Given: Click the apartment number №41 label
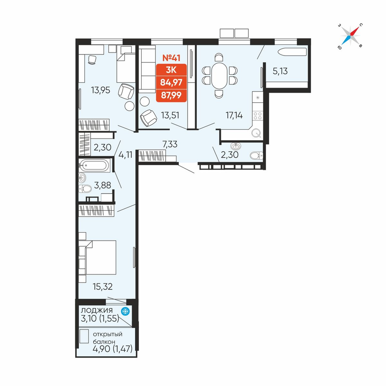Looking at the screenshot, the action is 171,58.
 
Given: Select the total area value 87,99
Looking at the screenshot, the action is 171,95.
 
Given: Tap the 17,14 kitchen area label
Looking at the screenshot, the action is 234,115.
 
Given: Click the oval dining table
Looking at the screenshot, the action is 219,76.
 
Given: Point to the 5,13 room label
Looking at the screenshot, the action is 280,71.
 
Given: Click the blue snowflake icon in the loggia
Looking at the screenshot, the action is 125,312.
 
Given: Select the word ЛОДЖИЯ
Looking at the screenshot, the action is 97,310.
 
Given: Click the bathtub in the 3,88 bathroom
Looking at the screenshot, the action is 95,165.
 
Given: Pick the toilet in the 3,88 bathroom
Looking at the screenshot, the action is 85,189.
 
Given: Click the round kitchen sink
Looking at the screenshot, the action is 256,133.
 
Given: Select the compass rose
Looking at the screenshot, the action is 350,36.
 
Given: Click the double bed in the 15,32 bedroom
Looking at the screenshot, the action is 98,257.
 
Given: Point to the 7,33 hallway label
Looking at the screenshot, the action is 170,144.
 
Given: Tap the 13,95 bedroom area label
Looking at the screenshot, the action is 100,90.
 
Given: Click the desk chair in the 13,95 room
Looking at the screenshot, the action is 92,60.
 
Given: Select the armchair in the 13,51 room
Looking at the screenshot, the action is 149,118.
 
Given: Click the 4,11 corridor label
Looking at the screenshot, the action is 125,155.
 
